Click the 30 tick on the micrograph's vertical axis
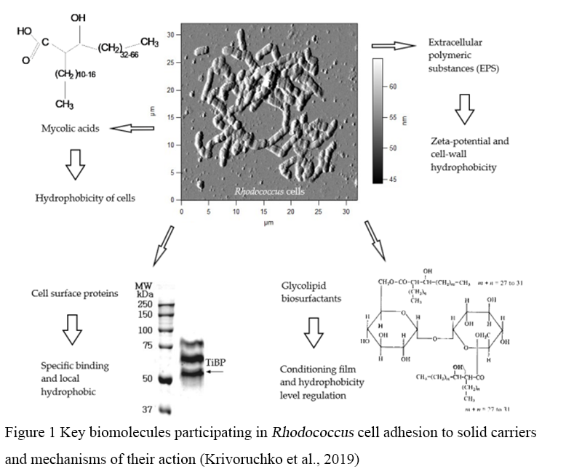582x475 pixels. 169,35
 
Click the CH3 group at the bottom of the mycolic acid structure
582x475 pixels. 64,105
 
